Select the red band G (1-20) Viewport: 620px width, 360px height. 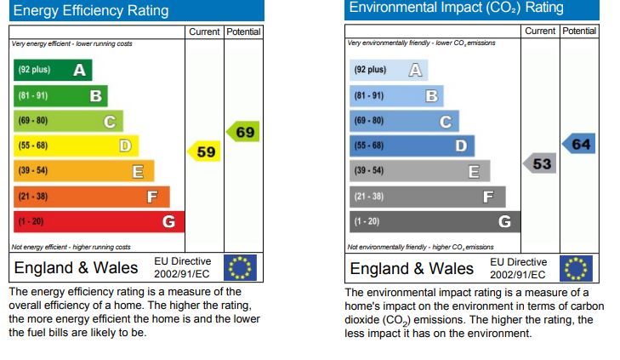(99, 222)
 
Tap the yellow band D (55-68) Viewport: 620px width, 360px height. (76, 146)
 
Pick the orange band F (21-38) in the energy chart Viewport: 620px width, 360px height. (91, 197)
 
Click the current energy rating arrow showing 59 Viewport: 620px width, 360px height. (204, 152)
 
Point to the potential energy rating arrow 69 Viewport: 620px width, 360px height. (243, 132)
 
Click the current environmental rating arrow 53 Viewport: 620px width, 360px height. (540, 163)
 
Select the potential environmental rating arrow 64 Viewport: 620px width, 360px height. (579, 144)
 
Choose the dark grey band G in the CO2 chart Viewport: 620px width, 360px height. (434, 222)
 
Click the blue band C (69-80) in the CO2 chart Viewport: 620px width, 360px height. (404, 121)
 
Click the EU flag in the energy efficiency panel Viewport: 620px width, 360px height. (239, 267)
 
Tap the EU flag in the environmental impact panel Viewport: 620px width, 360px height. (576, 267)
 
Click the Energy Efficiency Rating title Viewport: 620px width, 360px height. (92, 11)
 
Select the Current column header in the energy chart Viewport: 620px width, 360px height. (204, 31)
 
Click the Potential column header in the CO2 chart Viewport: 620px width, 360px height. (579, 31)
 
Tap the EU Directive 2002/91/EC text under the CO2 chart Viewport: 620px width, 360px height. (518, 268)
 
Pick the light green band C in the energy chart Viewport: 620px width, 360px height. (68, 121)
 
